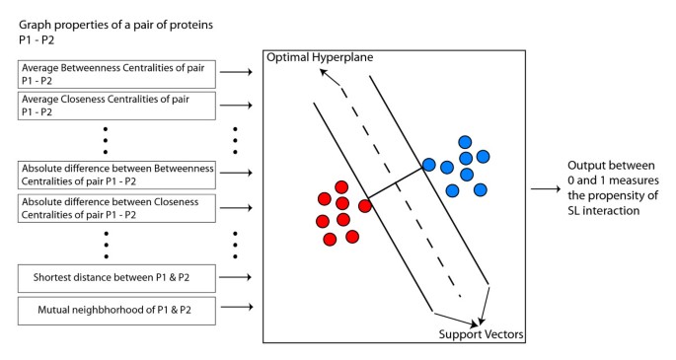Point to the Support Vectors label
[x=481, y=334]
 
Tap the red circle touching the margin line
[x=365, y=205]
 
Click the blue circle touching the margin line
[x=429, y=164]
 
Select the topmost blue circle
[x=465, y=142]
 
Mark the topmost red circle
[x=341, y=186]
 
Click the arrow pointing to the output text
[x=545, y=188]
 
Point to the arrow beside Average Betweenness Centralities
[x=238, y=72]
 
